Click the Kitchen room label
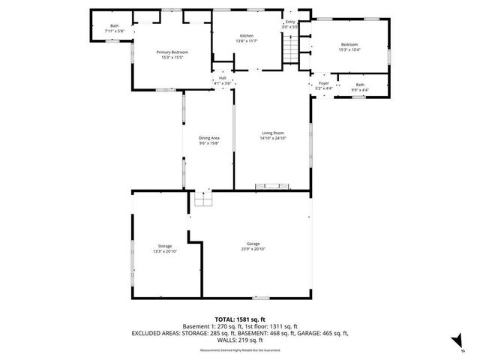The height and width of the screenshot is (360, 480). (x=247, y=35)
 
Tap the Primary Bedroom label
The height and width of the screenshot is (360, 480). (x=172, y=52)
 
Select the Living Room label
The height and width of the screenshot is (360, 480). (x=274, y=132)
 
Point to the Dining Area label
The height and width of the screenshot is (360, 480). (x=209, y=138)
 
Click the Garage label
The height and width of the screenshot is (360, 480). (x=253, y=244)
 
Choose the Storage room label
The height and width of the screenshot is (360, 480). (x=164, y=246)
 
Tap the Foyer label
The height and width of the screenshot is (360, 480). (x=324, y=84)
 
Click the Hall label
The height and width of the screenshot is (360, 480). (x=223, y=77)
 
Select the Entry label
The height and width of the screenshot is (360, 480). (x=290, y=22)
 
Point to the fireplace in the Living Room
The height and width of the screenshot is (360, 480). (x=271, y=184)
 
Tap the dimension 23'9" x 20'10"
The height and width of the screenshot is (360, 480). (x=253, y=249)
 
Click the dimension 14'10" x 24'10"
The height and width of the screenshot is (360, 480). (x=274, y=138)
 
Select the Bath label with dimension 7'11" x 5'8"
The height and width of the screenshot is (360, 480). (x=115, y=26)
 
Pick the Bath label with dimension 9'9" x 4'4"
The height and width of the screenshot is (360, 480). (x=360, y=85)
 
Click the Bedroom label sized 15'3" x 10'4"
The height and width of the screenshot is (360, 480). (x=350, y=44)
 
